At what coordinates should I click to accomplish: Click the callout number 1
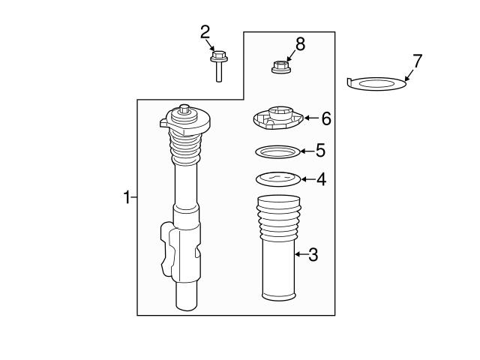(127, 197)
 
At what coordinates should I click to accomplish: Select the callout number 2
(205, 31)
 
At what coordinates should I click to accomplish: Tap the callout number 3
(313, 255)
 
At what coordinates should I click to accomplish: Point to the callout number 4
(320, 179)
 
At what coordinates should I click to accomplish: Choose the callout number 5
(320, 151)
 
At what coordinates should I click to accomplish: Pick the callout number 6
(325, 118)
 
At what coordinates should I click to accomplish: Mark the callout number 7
(417, 60)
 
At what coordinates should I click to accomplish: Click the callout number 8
(300, 43)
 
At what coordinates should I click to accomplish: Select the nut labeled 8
(280, 67)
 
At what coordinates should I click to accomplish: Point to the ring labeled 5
(277, 151)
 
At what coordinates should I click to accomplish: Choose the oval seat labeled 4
(277, 179)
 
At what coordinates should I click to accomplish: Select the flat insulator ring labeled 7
(378, 82)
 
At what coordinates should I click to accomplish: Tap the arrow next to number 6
(311, 118)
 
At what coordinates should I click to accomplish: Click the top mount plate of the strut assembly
(184, 119)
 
